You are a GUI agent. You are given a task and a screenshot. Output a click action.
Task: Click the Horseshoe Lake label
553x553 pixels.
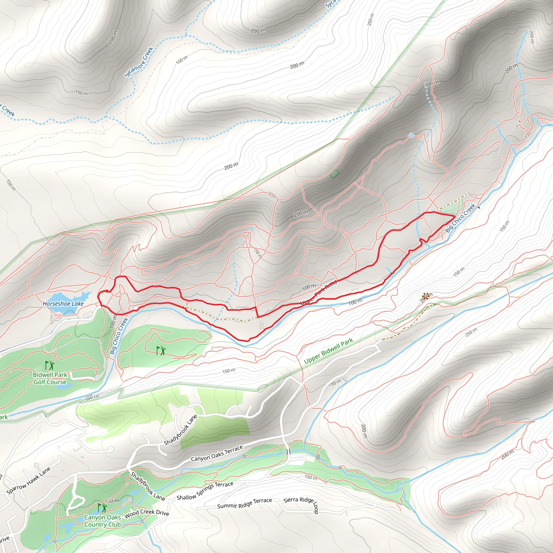point(63,304)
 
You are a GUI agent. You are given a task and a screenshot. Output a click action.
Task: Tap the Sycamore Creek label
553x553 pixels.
point(139,62)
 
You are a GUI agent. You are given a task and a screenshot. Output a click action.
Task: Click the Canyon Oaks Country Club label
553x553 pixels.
point(102,521)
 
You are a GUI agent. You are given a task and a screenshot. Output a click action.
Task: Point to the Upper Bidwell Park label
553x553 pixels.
point(328,351)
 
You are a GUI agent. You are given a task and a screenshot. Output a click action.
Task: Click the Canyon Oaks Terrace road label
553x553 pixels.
point(217,453)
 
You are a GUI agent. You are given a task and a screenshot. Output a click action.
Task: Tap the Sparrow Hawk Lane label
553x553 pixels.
point(28,481)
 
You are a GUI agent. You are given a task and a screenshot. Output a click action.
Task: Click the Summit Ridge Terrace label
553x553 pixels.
point(244,503)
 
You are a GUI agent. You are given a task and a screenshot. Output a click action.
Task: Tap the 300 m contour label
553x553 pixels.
point(432,84)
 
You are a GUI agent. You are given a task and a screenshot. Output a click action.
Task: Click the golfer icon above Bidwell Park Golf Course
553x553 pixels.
point(49,366)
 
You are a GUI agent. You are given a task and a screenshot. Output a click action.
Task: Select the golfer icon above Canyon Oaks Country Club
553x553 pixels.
point(102,508)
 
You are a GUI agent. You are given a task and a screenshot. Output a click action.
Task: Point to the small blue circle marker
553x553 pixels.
point(411,136)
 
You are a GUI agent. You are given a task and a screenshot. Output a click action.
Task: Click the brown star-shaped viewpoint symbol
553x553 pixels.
point(425,296)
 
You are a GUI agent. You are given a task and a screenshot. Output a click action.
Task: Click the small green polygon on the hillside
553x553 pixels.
point(334,173)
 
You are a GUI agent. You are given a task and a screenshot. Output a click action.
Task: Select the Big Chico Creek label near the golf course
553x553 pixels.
point(119,336)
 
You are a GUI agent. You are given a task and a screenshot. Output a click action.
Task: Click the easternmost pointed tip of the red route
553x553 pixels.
point(455,217)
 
